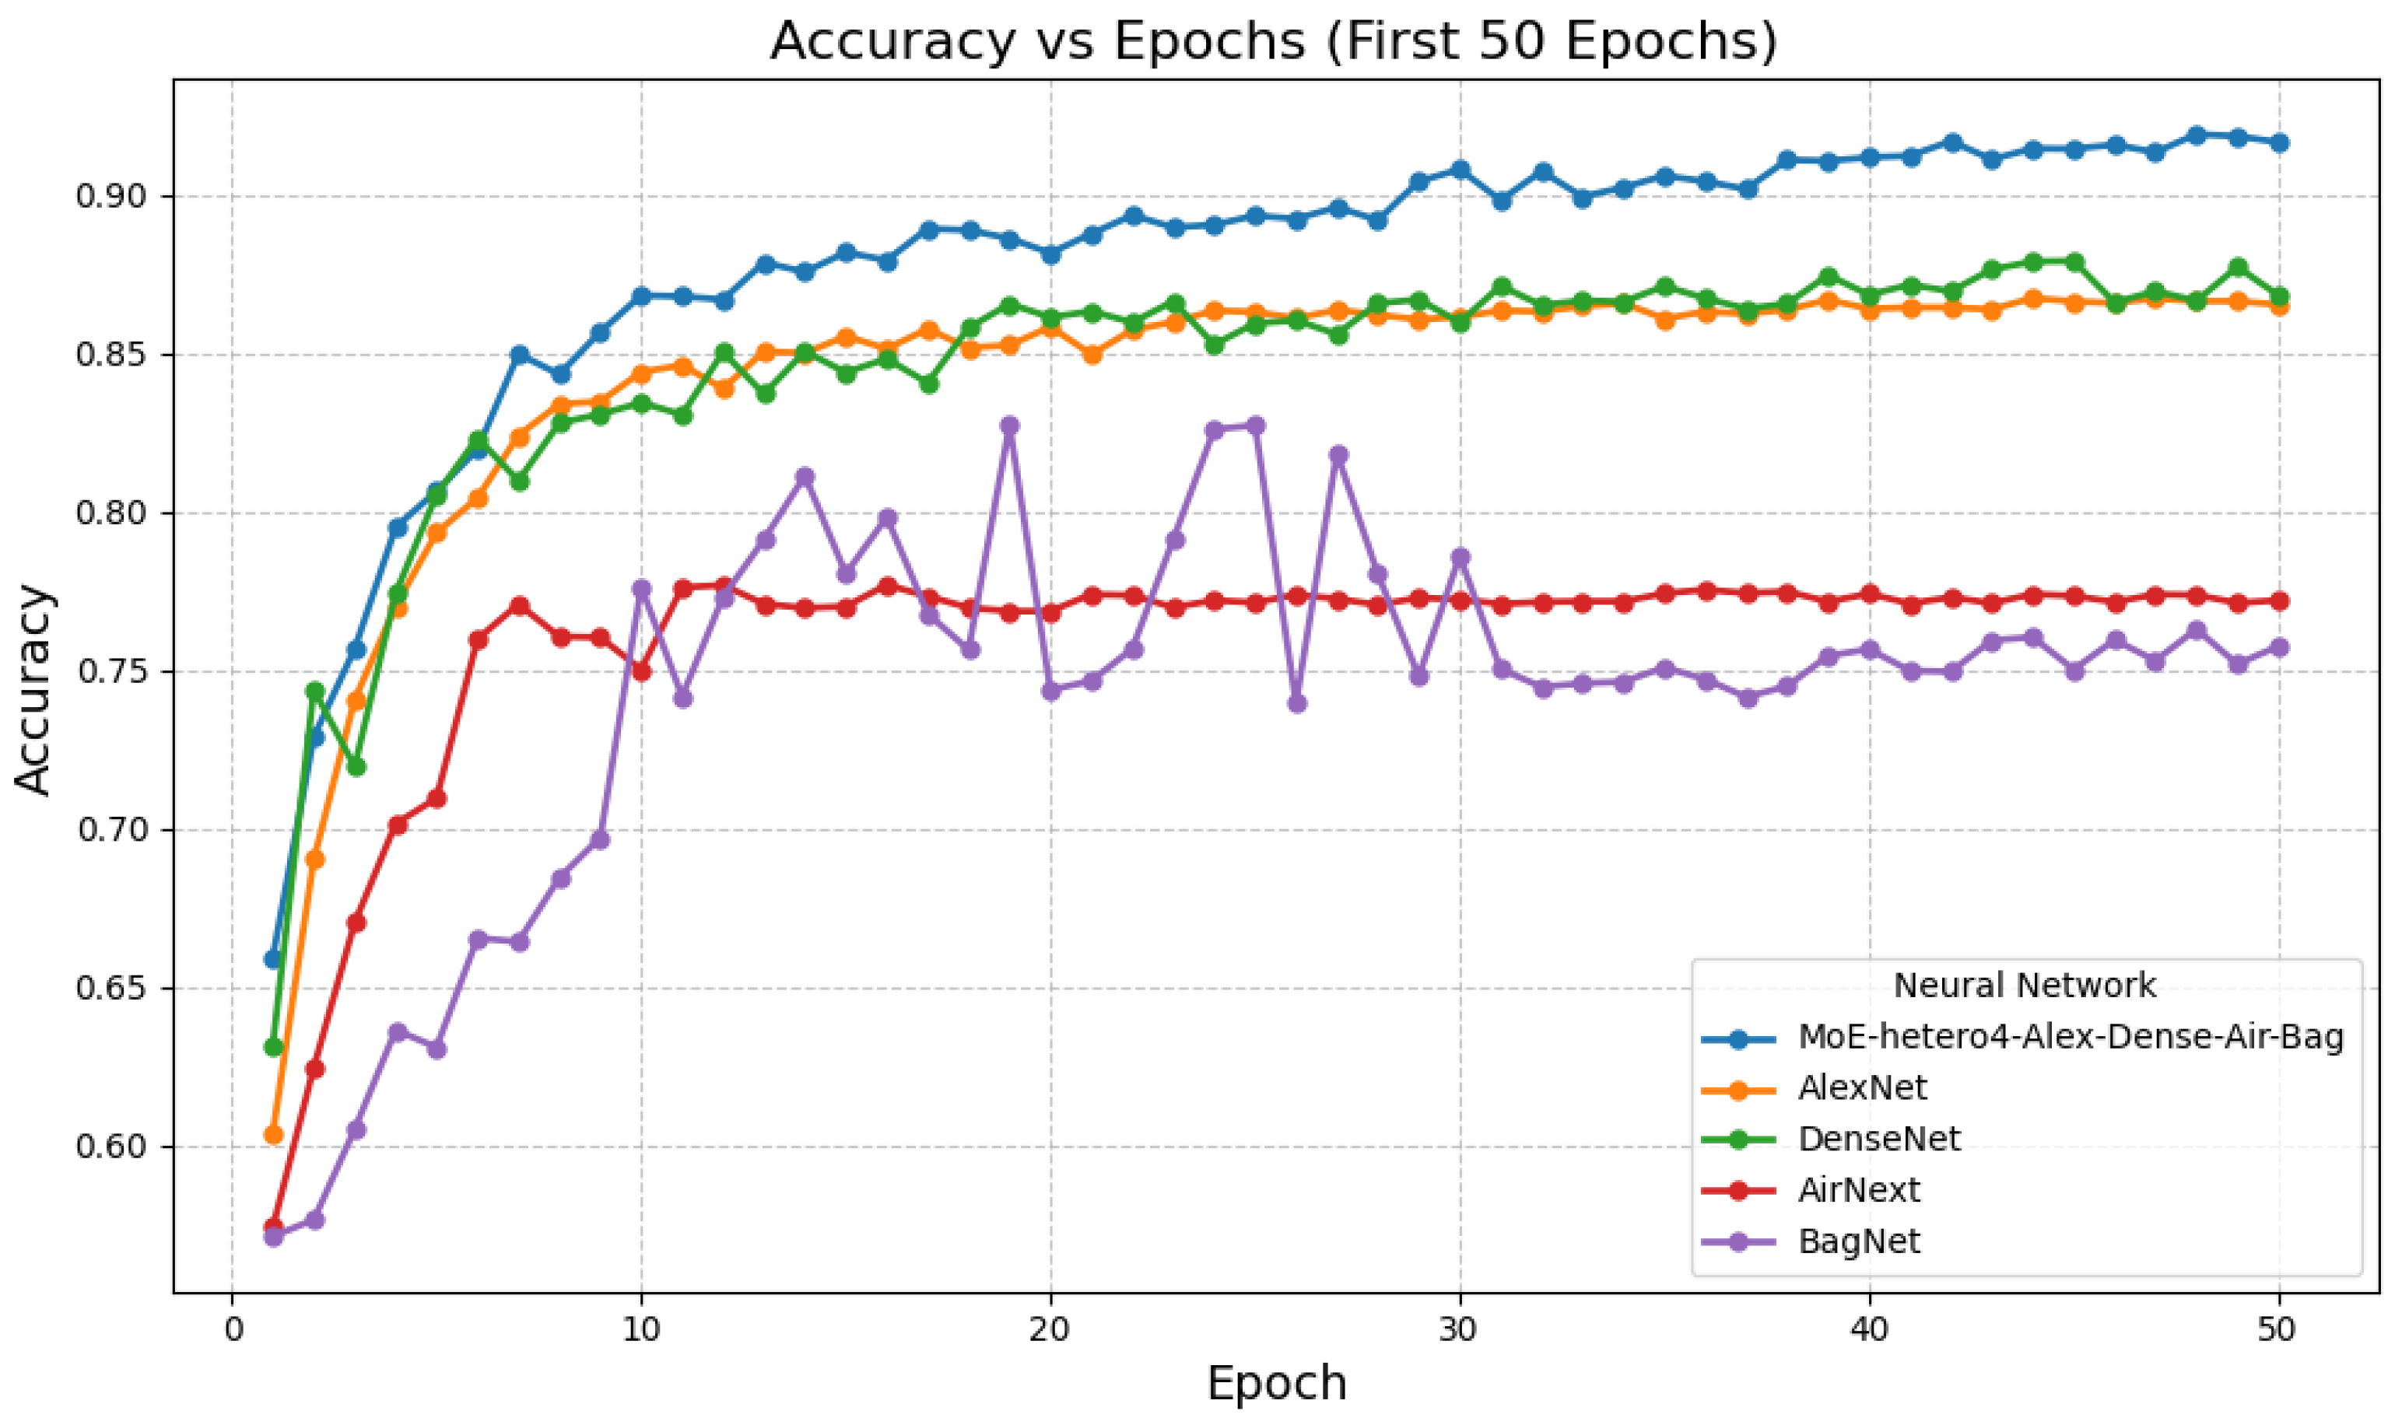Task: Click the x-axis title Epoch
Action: (x=1276, y=1383)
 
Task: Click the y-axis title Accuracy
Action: (x=33, y=688)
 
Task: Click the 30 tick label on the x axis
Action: (x=1459, y=1329)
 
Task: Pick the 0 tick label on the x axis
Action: (x=233, y=1329)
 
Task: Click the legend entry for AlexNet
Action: (x=1861, y=1087)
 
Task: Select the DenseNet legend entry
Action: (x=1878, y=1138)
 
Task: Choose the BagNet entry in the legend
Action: (x=1857, y=1241)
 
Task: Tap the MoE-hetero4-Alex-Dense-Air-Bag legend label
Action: (x=2070, y=1036)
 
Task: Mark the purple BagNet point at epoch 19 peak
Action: (x=1009, y=425)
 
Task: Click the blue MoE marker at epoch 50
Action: (x=2278, y=143)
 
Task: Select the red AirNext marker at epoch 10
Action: (x=642, y=671)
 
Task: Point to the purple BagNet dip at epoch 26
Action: (x=1296, y=703)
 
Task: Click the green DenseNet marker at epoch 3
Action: (x=356, y=766)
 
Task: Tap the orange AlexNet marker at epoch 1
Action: (x=274, y=1135)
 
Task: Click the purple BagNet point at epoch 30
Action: (x=1460, y=557)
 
